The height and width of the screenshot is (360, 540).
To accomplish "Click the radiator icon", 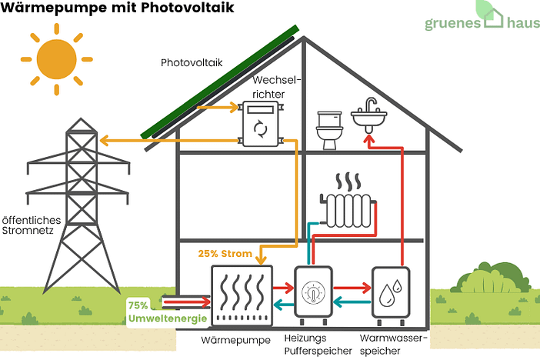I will pos(349,205).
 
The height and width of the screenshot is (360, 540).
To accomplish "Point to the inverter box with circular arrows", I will pos(261,125).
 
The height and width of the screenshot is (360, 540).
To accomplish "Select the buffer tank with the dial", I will pos(313,295).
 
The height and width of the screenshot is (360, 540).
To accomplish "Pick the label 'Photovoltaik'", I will pos(192,63).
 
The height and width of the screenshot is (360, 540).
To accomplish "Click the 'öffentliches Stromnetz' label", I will pos(31,224).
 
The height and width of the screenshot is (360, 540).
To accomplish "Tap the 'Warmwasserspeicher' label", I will pos(393,344).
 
